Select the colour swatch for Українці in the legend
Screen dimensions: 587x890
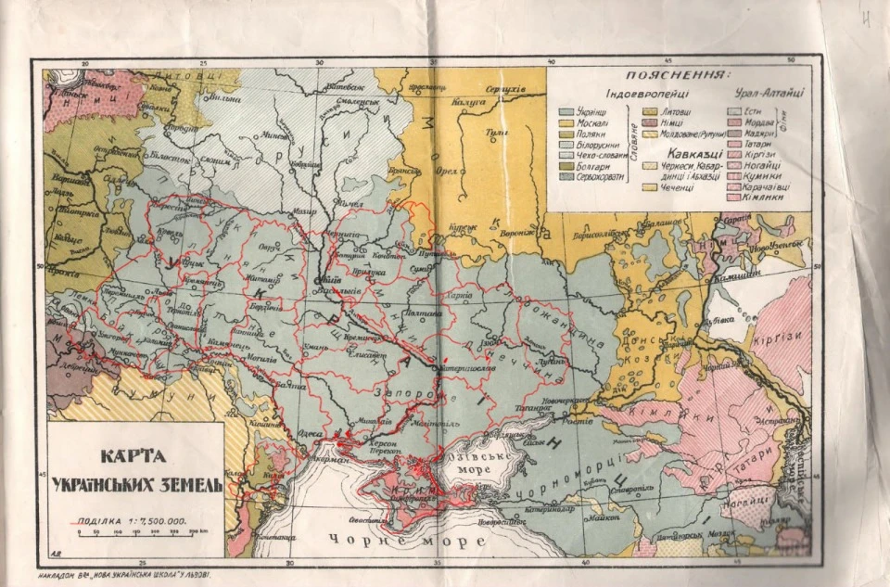pyautogui.click(x=566, y=111)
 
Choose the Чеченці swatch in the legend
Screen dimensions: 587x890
pyautogui.click(x=651, y=186)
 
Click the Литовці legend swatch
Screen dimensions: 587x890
pyautogui.click(x=651, y=111)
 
